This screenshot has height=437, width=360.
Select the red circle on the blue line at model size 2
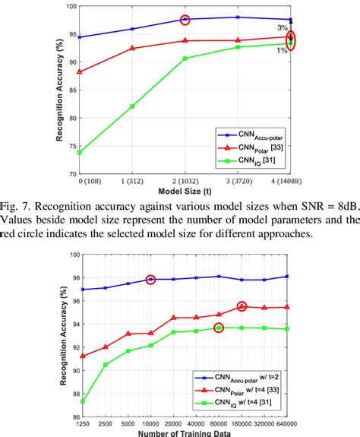tap(185, 19)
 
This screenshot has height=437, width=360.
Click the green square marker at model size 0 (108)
tap(81, 152)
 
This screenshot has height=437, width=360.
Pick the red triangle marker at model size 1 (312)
tap(133, 48)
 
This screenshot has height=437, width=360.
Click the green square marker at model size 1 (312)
tap(133, 106)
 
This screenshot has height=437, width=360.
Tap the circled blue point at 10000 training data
tap(150, 280)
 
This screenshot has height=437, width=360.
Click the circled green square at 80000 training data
tap(219, 328)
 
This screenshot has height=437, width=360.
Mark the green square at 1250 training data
tap(82, 401)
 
